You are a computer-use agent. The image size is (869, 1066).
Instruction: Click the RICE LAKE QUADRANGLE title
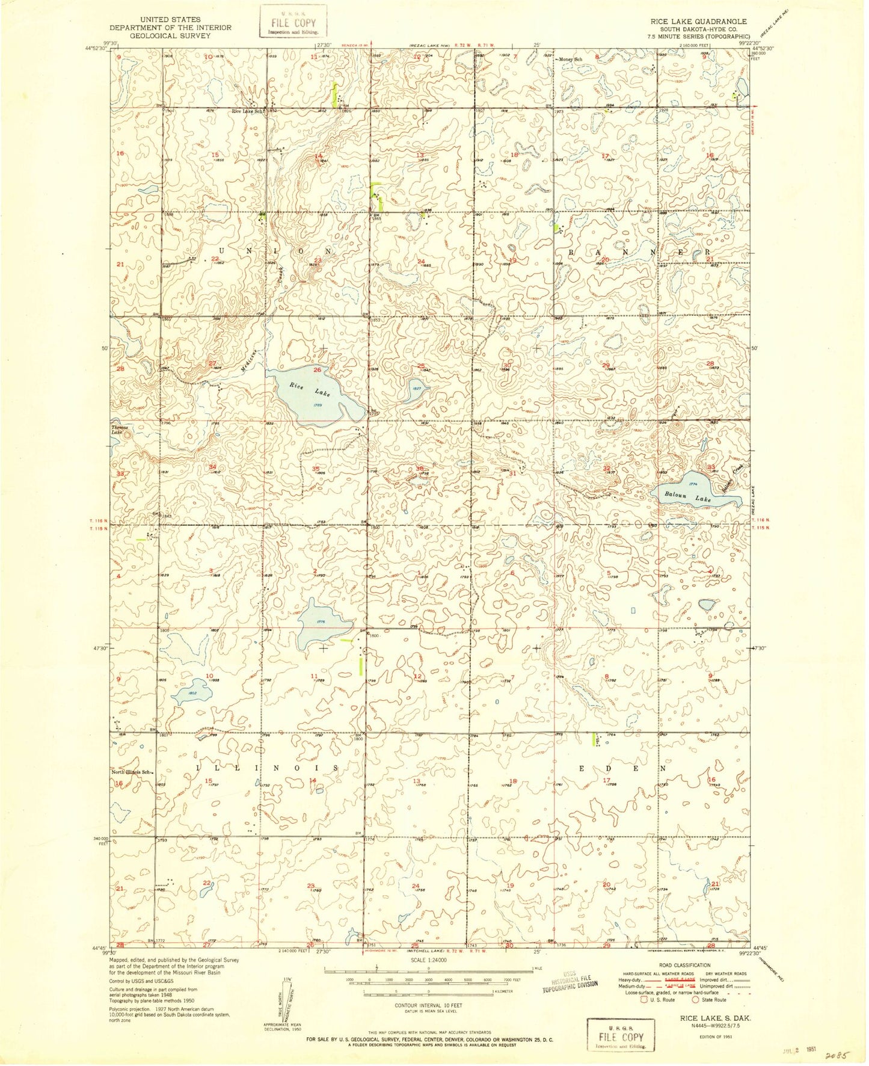coord(698,21)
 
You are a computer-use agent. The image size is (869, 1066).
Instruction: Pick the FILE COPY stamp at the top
coord(293,22)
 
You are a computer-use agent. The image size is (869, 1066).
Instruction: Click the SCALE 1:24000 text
coord(428,960)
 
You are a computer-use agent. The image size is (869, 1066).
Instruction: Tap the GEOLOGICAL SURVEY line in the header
coord(170,35)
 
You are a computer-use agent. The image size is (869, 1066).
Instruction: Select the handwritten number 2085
coord(837,1055)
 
